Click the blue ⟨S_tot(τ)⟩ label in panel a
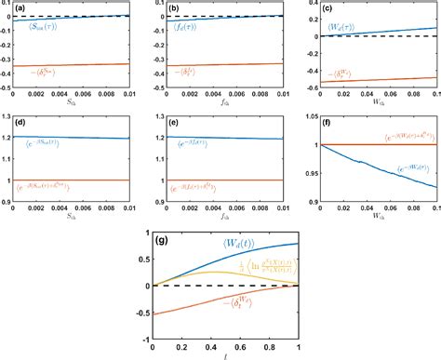tap(44, 26)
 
